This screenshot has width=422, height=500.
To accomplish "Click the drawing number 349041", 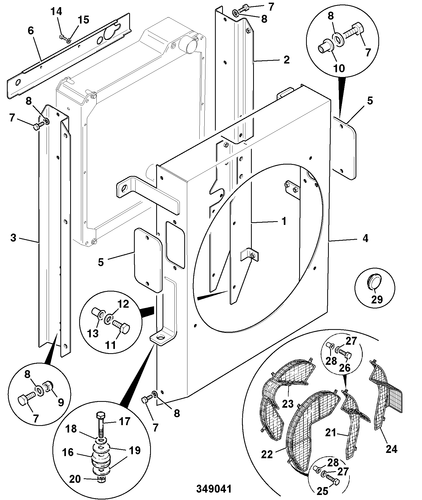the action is tap(214, 489).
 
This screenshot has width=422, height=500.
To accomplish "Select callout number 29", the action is tap(377, 299).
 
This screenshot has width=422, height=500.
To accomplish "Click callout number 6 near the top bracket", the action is tap(31, 31).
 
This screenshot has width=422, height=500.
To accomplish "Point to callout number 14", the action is tap(56, 12).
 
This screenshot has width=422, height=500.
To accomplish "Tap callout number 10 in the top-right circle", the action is tap(339, 69).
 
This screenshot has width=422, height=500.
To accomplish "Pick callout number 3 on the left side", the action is tap(14, 238).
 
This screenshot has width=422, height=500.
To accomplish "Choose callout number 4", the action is tap(365, 238).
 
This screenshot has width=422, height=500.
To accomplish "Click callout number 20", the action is tap(75, 471).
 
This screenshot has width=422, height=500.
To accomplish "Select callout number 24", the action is tap(392, 449).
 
